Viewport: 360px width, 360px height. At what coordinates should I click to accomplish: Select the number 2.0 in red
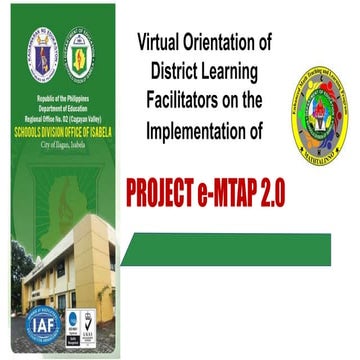click(270, 193)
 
